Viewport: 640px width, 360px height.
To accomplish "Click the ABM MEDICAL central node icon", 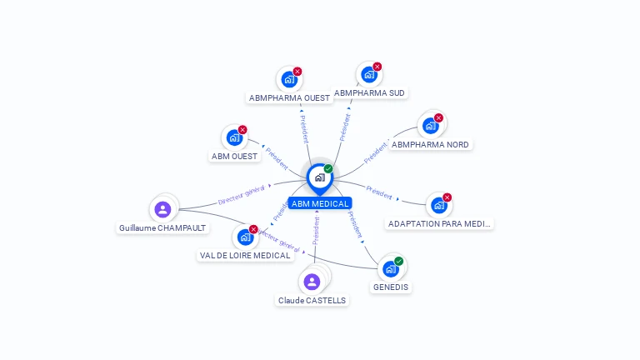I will point(319,177).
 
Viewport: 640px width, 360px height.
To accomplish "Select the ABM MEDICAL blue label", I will point(320,203).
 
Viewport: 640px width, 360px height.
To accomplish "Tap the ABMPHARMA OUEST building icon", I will point(288,80).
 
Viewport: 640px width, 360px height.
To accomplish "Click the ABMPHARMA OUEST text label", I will point(289,97).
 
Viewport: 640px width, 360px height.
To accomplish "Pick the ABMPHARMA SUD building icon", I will point(368,75).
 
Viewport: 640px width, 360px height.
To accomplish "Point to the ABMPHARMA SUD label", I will point(369,92).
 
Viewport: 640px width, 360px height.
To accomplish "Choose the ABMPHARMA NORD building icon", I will point(430,126).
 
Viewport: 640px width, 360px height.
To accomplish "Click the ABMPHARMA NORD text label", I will point(430,144).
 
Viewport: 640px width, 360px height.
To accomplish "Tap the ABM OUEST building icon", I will point(234,137).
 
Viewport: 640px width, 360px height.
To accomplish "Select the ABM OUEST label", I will point(234,156).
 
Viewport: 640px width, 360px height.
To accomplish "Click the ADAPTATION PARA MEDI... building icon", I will point(438,206).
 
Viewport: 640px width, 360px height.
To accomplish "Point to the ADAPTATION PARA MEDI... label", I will point(440,224).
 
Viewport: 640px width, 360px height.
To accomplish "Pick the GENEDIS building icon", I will point(390,269).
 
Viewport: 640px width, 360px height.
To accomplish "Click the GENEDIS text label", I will point(391,287).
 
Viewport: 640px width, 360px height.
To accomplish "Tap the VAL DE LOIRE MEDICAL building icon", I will point(245,237).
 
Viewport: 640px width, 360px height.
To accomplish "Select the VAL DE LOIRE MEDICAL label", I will point(245,256).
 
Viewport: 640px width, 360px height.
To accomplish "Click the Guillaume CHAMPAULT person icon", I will point(162,209).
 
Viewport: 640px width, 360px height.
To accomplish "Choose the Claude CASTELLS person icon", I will point(312,282).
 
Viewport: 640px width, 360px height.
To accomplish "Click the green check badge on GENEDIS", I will point(399,261).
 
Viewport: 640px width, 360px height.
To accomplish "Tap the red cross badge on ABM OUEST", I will point(242,129).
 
